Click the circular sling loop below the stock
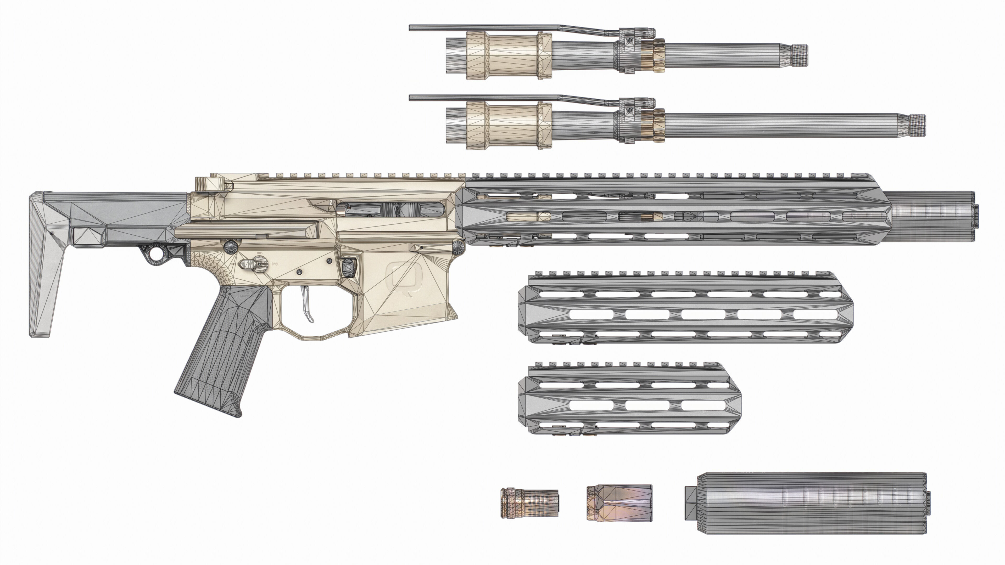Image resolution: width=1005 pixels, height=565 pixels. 157,254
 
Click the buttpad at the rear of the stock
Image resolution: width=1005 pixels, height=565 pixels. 39,265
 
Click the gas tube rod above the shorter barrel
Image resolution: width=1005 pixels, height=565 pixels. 507,28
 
